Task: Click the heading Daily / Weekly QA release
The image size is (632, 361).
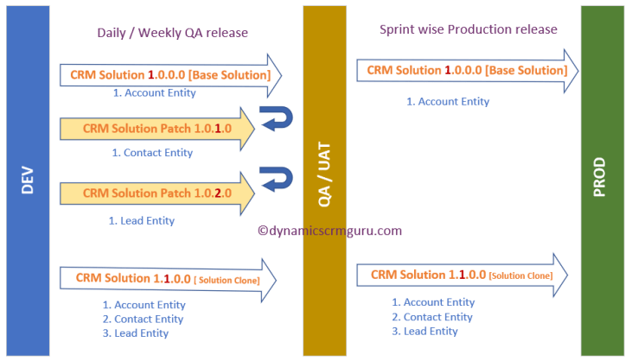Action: click(172, 33)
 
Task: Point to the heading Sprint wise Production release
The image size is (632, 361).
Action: click(468, 29)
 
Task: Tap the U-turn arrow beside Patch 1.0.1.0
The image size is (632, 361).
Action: click(278, 118)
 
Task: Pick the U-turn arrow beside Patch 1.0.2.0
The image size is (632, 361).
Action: click(278, 181)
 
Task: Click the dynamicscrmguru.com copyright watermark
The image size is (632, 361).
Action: click(330, 231)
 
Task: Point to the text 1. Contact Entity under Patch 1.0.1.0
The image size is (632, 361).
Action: click(152, 153)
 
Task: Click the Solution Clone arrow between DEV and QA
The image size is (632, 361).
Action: click(164, 278)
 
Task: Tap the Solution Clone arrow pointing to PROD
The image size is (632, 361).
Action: click(462, 275)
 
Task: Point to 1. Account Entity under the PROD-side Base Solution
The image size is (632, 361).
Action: click(448, 101)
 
